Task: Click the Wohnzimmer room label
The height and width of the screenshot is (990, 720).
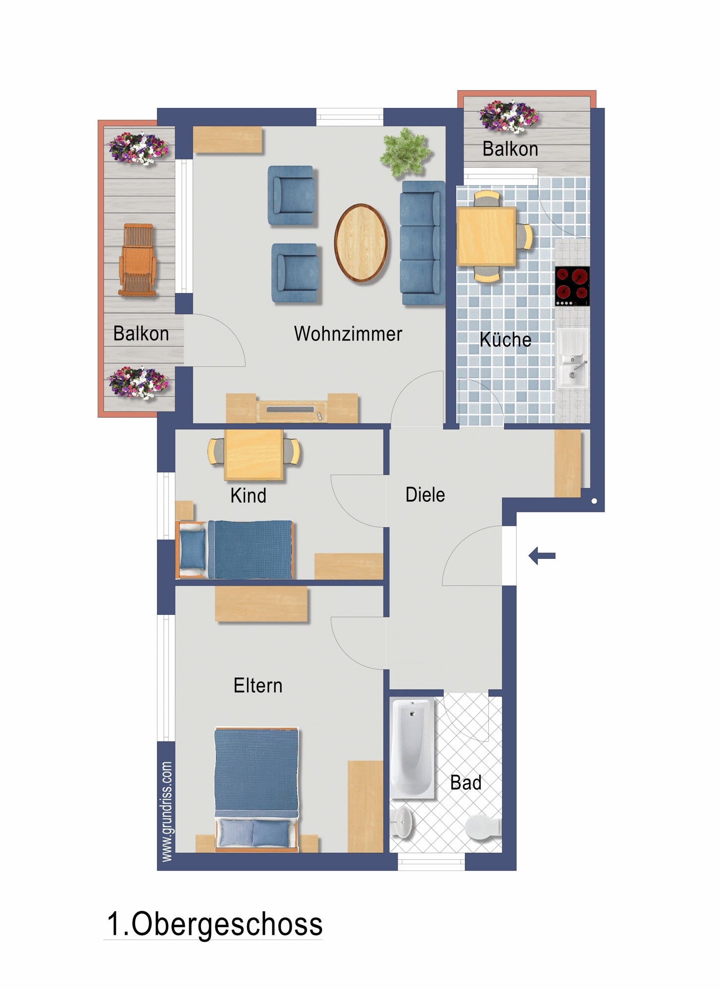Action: (348, 334)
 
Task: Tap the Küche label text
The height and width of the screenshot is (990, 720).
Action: (506, 340)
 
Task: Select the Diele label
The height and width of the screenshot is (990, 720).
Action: (425, 495)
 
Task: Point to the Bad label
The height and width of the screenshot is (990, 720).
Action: (465, 783)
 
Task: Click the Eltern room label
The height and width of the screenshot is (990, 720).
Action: (258, 686)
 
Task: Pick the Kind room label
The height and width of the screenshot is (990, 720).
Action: (248, 495)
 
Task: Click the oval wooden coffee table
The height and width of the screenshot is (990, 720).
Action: (361, 243)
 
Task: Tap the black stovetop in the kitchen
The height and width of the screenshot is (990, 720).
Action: (572, 286)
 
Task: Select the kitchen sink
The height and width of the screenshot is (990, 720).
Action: (573, 358)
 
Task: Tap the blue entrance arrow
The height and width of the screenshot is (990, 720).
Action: (542, 556)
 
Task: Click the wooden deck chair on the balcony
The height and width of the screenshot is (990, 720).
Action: (138, 260)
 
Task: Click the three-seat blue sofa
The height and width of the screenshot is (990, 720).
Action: (422, 243)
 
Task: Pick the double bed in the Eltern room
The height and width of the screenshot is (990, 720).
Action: (257, 790)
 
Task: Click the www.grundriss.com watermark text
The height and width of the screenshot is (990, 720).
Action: (167, 812)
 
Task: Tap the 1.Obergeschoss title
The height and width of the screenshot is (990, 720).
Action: (215, 924)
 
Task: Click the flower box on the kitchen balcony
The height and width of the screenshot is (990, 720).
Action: (509, 116)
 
